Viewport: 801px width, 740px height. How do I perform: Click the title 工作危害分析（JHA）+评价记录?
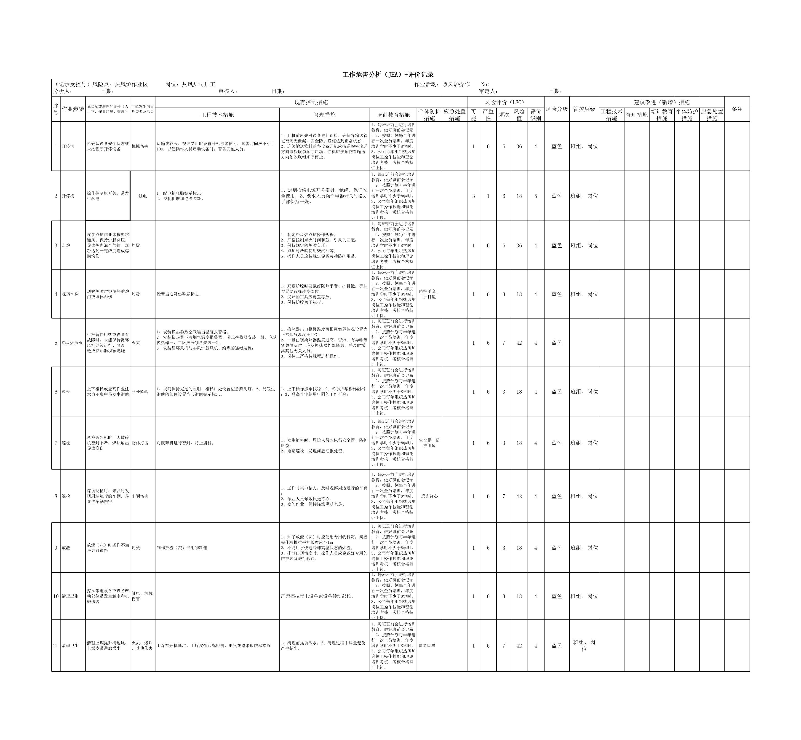[x=388, y=75]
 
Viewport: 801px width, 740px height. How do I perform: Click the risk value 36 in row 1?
[x=519, y=147]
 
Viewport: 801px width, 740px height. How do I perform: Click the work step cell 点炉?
[x=66, y=245]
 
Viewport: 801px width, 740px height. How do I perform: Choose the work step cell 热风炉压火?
[x=72, y=343]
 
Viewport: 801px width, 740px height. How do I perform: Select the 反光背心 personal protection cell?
[x=429, y=496]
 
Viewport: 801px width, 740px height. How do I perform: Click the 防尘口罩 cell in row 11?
[x=427, y=646]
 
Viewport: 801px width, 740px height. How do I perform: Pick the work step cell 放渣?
[x=66, y=548]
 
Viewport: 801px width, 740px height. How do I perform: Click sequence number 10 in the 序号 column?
[x=56, y=596]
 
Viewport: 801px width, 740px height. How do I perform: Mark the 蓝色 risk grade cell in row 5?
[x=556, y=343]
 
